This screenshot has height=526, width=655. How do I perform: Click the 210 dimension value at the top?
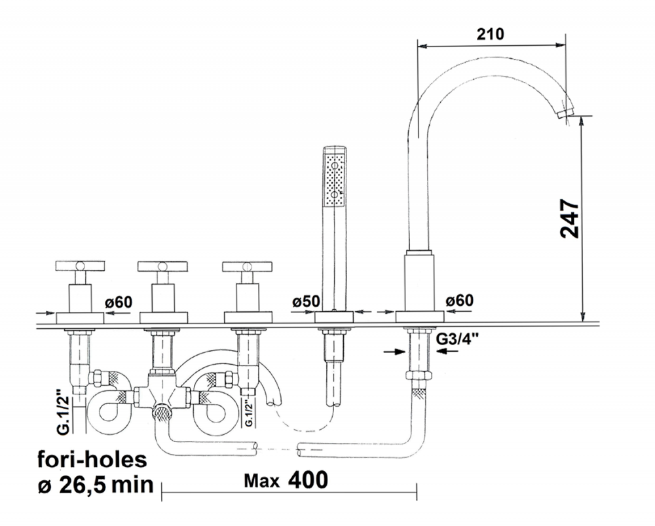(x=490, y=34)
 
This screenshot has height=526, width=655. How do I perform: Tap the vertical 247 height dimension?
(x=570, y=219)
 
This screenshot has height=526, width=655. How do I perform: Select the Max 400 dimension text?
(x=286, y=480)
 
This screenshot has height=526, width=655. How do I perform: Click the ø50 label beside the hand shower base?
(x=306, y=301)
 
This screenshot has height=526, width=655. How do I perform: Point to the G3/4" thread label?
(x=457, y=339)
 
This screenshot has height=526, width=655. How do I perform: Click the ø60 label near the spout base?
(x=460, y=301)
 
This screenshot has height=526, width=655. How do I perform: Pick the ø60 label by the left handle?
(x=118, y=302)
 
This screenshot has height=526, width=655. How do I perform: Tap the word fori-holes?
(x=92, y=459)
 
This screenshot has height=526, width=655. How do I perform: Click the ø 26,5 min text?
(x=96, y=485)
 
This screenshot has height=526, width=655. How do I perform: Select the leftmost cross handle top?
(x=80, y=266)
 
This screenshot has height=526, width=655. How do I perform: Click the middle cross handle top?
(x=162, y=266)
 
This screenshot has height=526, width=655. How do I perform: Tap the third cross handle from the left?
(x=248, y=267)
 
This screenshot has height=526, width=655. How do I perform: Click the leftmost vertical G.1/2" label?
(x=63, y=413)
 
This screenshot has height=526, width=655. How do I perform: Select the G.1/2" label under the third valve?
(x=249, y=413)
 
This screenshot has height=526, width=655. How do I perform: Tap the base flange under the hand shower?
(x=334, y=317)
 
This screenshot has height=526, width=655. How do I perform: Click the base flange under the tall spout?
(x=420, y=316)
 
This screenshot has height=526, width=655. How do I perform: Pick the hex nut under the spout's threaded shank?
(x=419, y=375)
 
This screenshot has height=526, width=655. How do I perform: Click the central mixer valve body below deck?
(x=162, y=394)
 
